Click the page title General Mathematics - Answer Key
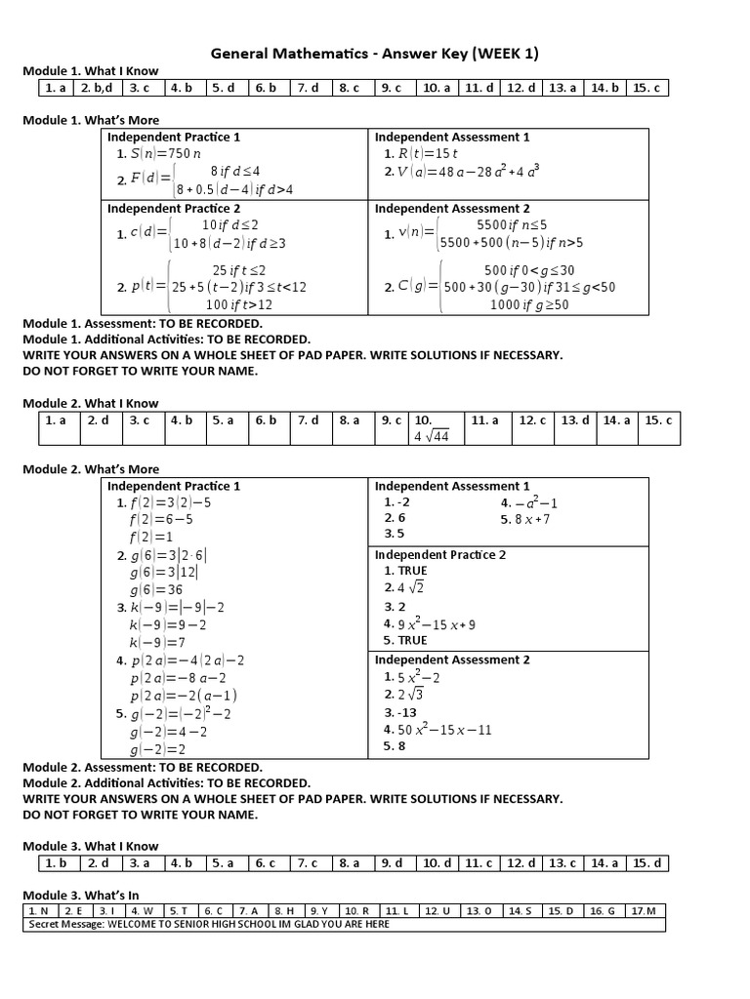(374, 53)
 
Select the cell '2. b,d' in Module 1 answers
(99, 88)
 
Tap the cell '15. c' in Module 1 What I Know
(646, 88)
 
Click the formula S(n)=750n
(158, 153)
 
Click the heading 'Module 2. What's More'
(91, 469)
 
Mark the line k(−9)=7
(157, 642)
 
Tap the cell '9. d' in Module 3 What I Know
(392, 863)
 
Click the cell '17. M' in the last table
(644, 911)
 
